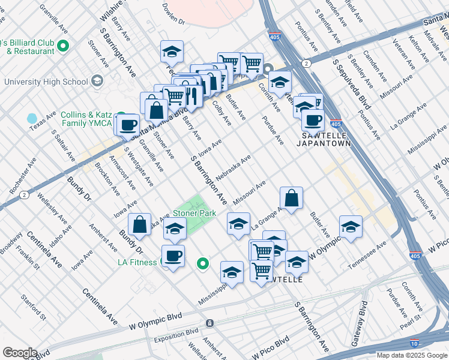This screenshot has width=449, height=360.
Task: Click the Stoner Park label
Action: (x=194, y=213)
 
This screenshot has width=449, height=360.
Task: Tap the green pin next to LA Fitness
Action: (x=203, y=263)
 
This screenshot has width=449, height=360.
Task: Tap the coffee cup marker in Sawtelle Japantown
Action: (x=312, y=120)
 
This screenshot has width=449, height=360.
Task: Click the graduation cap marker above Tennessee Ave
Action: (x=351, y=227)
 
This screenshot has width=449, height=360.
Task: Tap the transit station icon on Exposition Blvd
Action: (x=209, y=323)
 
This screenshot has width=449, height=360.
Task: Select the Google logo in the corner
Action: (x=20, y=353)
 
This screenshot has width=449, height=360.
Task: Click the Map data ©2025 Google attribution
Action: (x=411, y=355)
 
